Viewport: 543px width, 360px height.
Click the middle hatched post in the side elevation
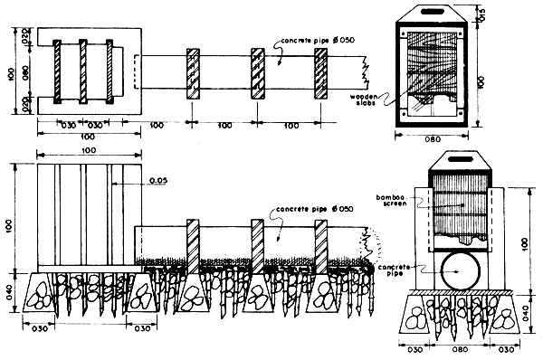[256, 244]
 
